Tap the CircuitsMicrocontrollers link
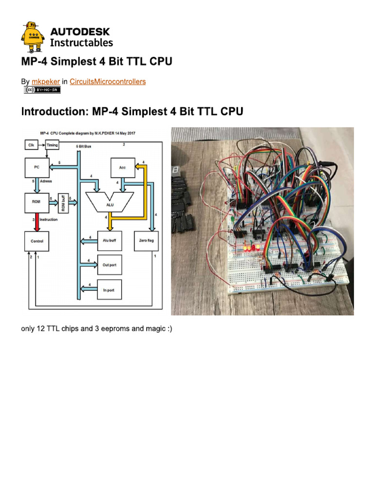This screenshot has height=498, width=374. [107, 82]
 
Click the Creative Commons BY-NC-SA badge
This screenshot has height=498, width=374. [42, 90]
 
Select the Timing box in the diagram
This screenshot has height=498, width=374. [52, 144]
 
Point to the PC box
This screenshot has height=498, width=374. [37, 168]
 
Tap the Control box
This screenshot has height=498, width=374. [37, 241]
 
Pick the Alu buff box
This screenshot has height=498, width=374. [110, 241]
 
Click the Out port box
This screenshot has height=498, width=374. [110, 265]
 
